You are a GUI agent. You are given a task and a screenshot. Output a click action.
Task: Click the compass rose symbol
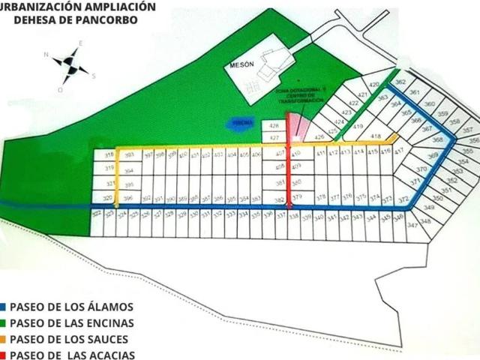point(70,66)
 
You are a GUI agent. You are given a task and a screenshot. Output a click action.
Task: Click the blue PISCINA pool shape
point(241,122)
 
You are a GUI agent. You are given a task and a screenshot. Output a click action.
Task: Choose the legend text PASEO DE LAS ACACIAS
point(72,355)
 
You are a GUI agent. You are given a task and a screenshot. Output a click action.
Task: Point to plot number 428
point(274,126)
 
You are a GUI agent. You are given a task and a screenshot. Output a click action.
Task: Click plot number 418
point(376,136)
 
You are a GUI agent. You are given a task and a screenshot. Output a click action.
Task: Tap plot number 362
point(400,82)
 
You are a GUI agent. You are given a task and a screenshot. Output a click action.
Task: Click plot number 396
point(129,198)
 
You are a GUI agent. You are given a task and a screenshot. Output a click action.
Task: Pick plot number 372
point(403,199)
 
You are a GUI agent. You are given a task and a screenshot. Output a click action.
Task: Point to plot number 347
point(412,225)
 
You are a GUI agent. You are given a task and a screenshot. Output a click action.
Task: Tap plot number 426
point(319,137)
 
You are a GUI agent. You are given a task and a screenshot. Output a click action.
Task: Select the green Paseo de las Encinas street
point(363,105)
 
